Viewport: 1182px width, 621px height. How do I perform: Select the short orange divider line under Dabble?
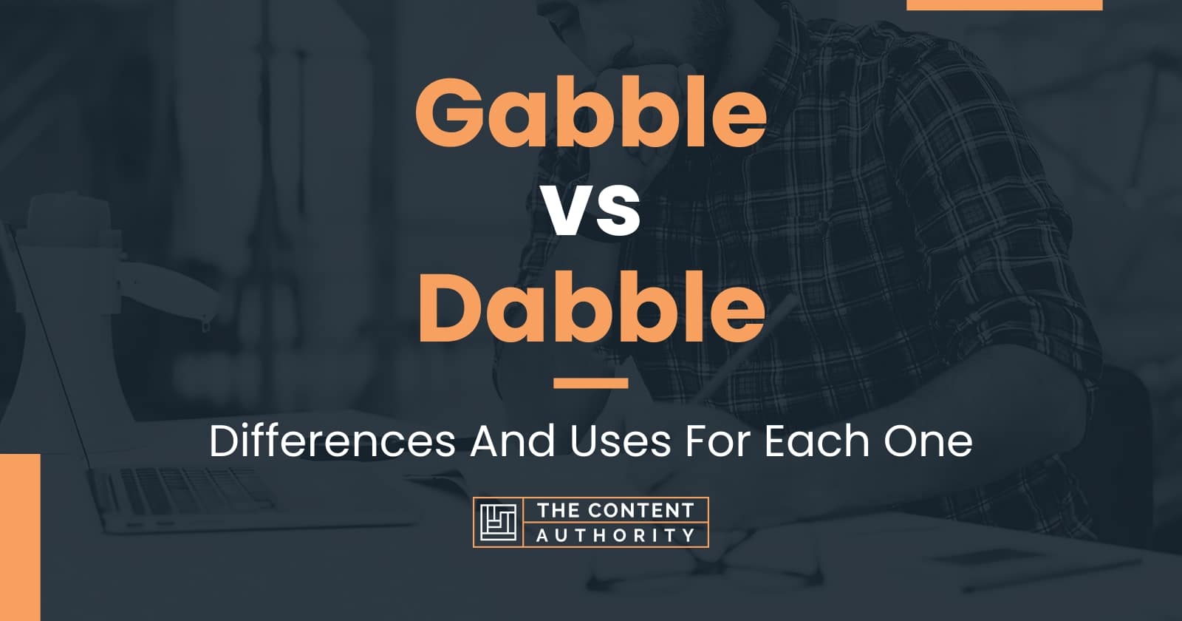591,383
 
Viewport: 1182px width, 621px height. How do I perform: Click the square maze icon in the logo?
498,522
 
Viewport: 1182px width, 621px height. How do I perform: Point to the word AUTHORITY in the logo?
615,535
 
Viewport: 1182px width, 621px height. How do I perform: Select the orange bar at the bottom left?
20,537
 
